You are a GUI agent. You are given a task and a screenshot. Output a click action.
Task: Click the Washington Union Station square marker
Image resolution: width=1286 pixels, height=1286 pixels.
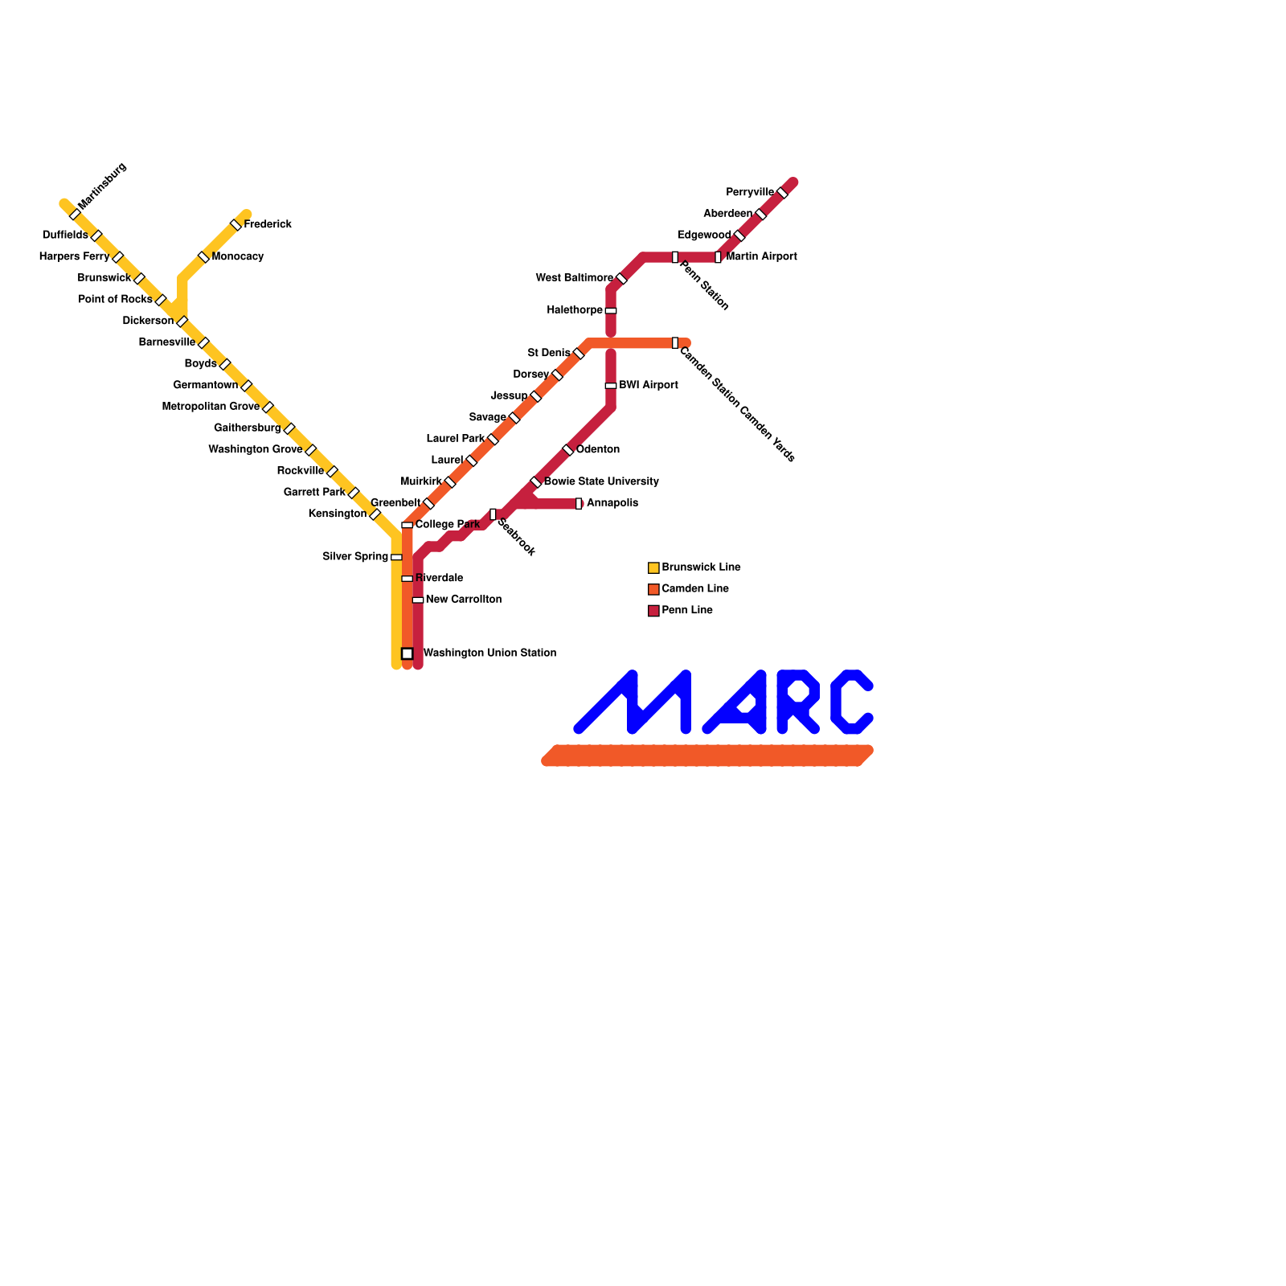[408, 653]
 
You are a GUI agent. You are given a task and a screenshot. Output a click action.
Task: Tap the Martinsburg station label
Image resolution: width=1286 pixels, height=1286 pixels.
[103, 186]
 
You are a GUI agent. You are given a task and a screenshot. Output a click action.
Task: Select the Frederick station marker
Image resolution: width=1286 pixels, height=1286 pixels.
[235, 225]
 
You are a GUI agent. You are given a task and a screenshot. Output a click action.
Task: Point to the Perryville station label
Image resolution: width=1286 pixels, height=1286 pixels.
[749, 193]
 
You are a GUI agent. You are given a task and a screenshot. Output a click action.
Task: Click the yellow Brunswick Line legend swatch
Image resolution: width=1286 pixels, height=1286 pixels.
[653, 568]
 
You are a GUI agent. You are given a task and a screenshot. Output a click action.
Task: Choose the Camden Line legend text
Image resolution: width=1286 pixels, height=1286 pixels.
[695, 589]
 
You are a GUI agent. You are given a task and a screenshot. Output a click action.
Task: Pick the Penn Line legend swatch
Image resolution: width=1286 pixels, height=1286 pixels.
[653, 611]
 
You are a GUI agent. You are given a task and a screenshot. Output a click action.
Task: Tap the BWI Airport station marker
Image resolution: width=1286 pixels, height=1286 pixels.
[611, 386]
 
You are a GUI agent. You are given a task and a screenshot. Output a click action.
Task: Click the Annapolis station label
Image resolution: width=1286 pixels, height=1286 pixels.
[612, 503]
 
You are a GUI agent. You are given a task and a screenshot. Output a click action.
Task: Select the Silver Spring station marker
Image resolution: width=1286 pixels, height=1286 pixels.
[396, 557]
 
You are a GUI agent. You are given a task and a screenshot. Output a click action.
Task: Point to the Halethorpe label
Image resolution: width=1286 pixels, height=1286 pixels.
[575, 310]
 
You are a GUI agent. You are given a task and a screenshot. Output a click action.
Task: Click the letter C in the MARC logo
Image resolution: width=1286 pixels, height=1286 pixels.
[852, 702]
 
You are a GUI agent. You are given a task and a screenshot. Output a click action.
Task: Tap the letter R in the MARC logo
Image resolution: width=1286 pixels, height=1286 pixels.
[797, 702]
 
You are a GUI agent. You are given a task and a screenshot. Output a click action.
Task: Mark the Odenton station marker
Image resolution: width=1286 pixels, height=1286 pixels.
[568, 450]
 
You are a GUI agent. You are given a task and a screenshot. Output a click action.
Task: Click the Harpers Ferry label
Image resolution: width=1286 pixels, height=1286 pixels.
[74, 257]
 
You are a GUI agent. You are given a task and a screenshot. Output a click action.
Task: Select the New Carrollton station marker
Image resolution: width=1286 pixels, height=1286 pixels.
[418, 600]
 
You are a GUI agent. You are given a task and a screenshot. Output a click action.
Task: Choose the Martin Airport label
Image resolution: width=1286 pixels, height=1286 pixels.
[761, 257]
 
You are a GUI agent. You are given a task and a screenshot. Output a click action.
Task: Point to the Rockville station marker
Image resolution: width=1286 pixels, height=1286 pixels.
[332, 471]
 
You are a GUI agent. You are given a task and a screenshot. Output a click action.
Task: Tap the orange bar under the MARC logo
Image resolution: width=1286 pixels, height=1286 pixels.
[707, 756]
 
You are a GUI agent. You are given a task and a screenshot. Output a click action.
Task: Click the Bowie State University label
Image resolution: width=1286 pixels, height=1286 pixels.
[601, 482]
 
